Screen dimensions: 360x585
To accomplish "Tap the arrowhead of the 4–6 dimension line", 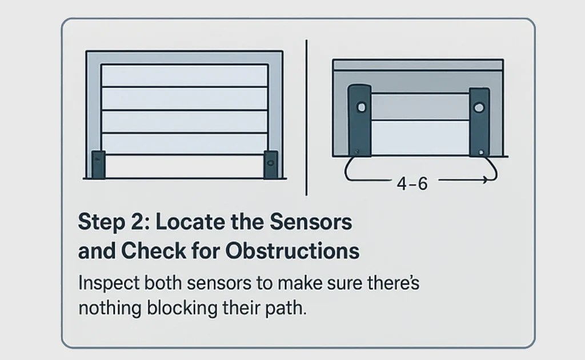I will point(484,181).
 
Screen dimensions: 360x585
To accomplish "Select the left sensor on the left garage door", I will point(98,165).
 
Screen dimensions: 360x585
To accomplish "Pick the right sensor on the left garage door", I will point(270,165).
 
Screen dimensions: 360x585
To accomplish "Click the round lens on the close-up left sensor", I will point(360,107).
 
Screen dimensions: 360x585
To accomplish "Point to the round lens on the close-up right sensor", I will point(479,107).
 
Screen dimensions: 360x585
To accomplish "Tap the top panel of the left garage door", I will point(185,75).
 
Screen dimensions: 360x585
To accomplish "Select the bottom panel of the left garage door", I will point(185,166).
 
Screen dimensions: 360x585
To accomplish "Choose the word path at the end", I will point(288,309).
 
